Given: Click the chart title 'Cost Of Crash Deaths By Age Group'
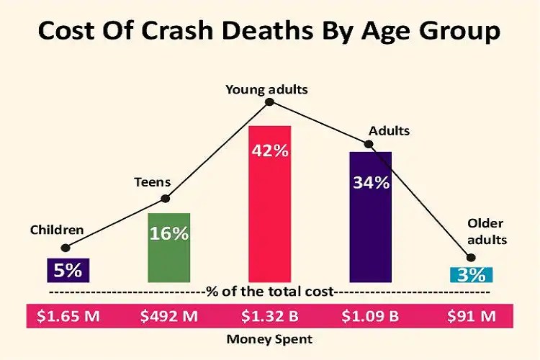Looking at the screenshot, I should tap(269, 32).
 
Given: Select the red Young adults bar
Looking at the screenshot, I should tap(269, 216).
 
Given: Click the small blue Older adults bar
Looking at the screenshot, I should tap(472, 274).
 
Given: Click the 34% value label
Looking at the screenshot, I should tap(371, 182).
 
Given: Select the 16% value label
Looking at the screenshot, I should tap(169, 233).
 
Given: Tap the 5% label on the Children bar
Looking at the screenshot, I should tap(68, 271).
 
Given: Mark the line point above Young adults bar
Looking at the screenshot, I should tap(269, 102).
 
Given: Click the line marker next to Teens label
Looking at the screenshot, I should tap(166, 199).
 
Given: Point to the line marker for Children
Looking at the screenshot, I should tap(66, 248).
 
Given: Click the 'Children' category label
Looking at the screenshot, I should tap(57, 230).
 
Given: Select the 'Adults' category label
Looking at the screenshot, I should tap(389, 131).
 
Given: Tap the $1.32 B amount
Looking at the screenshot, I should tap(269, 315).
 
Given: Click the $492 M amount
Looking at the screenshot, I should tap(169, 315).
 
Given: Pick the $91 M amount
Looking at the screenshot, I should tap(472, 315).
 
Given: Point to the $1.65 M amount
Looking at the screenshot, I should tap(68, 315).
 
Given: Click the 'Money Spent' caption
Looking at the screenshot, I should tap(269, 338).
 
